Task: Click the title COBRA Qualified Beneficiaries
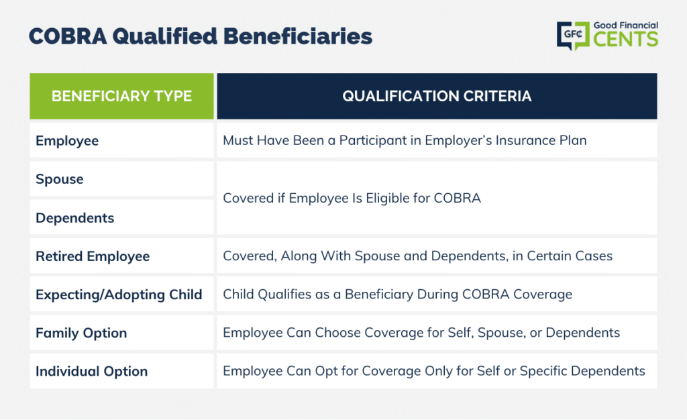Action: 200,36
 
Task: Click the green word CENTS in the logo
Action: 626,39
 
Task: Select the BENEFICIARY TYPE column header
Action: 122,97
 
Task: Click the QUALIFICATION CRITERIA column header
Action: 437,97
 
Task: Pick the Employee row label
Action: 67,141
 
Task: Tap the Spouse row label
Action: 60,179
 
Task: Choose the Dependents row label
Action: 75,217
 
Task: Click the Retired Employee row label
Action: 93,256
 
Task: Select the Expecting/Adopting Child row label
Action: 119,295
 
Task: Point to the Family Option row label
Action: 81,333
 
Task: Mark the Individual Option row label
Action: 91,372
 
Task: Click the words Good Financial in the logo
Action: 626,25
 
